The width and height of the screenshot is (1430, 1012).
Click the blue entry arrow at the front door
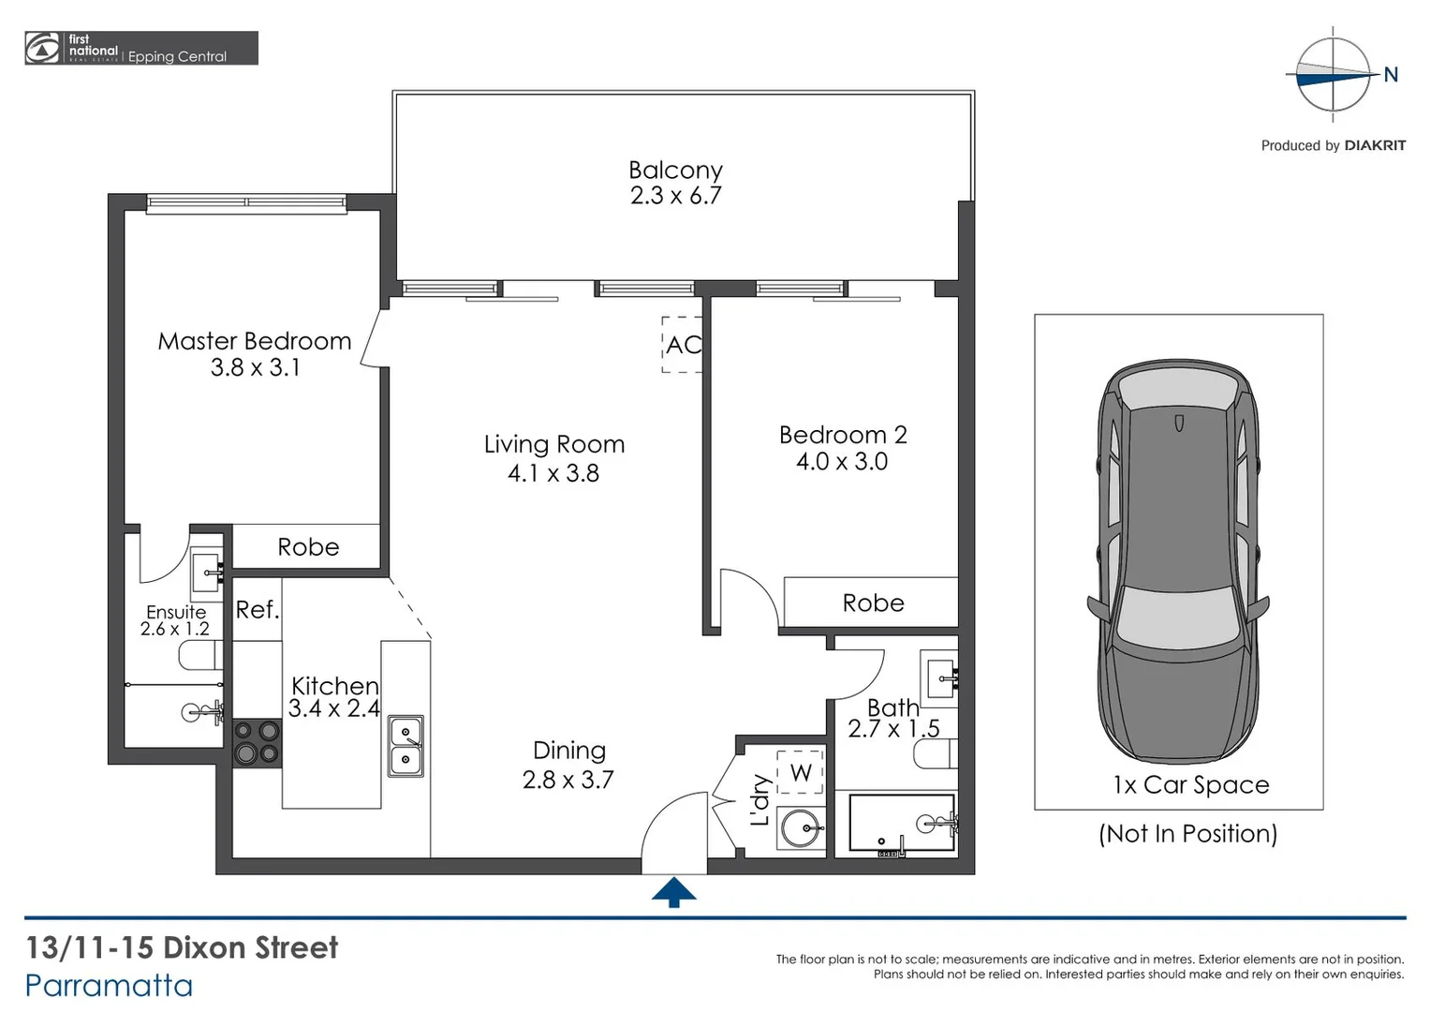coord(673,893)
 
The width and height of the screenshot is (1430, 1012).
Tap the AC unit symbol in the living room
coord(683,345)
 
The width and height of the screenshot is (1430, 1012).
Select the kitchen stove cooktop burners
coord(257,742)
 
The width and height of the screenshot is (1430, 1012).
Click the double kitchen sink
coord(405,746)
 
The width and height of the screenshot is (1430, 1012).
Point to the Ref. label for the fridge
coord(257,610)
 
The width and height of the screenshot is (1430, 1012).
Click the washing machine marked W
coord(801,772)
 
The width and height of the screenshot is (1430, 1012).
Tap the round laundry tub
coord(801,827)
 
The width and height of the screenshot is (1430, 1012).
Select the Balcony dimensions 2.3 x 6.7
coord(675,196)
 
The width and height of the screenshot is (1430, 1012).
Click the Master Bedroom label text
coord(254,341)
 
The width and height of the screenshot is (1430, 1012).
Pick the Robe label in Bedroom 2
coord(873,603)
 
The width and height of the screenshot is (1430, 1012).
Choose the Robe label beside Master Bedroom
coord(308,547)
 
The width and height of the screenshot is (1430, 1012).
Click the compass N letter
coord(1391,75)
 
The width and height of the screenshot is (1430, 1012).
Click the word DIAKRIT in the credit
coord(1375,145)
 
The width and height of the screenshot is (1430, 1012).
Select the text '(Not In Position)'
coord(1187,833)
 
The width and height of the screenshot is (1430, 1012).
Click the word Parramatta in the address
coord(109,986)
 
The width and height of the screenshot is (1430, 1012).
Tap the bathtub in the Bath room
coord(901,823)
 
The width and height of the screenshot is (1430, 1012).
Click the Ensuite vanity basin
coord(206,570)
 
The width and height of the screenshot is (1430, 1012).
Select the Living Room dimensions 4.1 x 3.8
coord(553,473)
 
